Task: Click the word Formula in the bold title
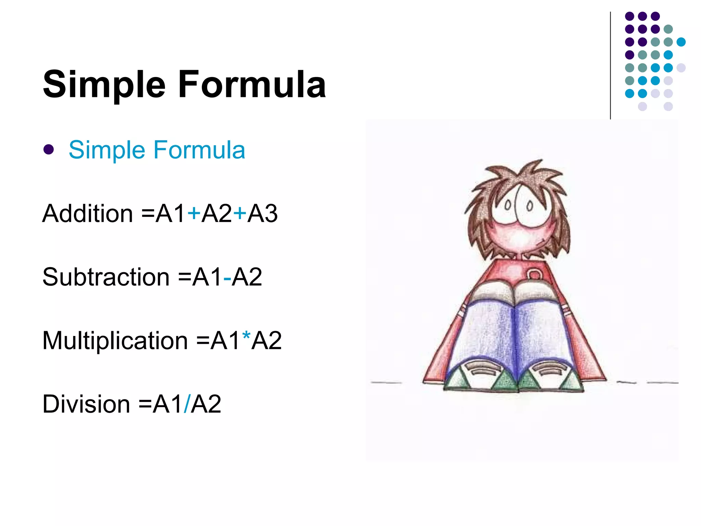pos(252,84)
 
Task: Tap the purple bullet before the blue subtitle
pos(49,149)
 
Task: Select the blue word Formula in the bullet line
pos(199,150)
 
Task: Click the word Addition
pos(88,214)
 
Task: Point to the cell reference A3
pos(262,214)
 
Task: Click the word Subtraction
pos(106,277)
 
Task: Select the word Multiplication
pos(115,341)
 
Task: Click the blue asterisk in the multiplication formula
pos(246,337)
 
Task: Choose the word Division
pos(86,404)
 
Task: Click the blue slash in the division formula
pos(187,404)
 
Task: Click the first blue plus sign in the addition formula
pos(194,213)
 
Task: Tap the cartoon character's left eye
pos(508,205)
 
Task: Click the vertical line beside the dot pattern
pos(610,65)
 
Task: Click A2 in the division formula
pos(206,404)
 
